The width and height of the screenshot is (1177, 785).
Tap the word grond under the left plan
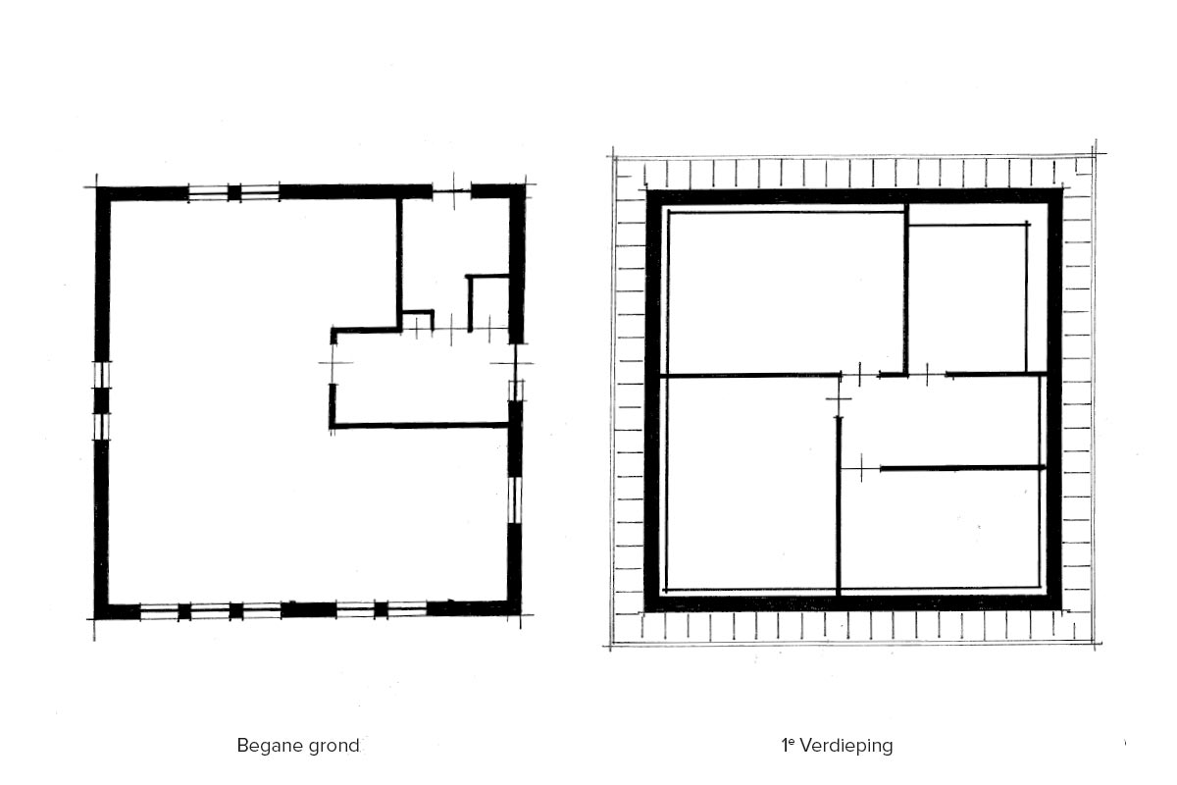coord(333,746)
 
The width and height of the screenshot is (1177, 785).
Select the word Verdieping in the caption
coord(845,746)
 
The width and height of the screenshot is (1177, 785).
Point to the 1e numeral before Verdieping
coord(788,745)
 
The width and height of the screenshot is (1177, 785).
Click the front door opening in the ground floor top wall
coord(451,191)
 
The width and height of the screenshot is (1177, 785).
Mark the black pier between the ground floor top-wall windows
coord(234,192)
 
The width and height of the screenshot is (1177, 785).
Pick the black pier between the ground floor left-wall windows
coord(101,400)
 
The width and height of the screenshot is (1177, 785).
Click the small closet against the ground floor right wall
coord(489,303)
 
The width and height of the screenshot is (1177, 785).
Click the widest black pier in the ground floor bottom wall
coord(308,610)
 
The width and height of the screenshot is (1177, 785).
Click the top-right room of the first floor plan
coord(968,298)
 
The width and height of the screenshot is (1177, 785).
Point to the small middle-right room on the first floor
coord(941,422)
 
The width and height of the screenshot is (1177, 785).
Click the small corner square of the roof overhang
coord(1084,166)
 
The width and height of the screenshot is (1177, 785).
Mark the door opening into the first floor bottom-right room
coord(861,468)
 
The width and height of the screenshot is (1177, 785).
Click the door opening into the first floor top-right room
coord(928,375)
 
